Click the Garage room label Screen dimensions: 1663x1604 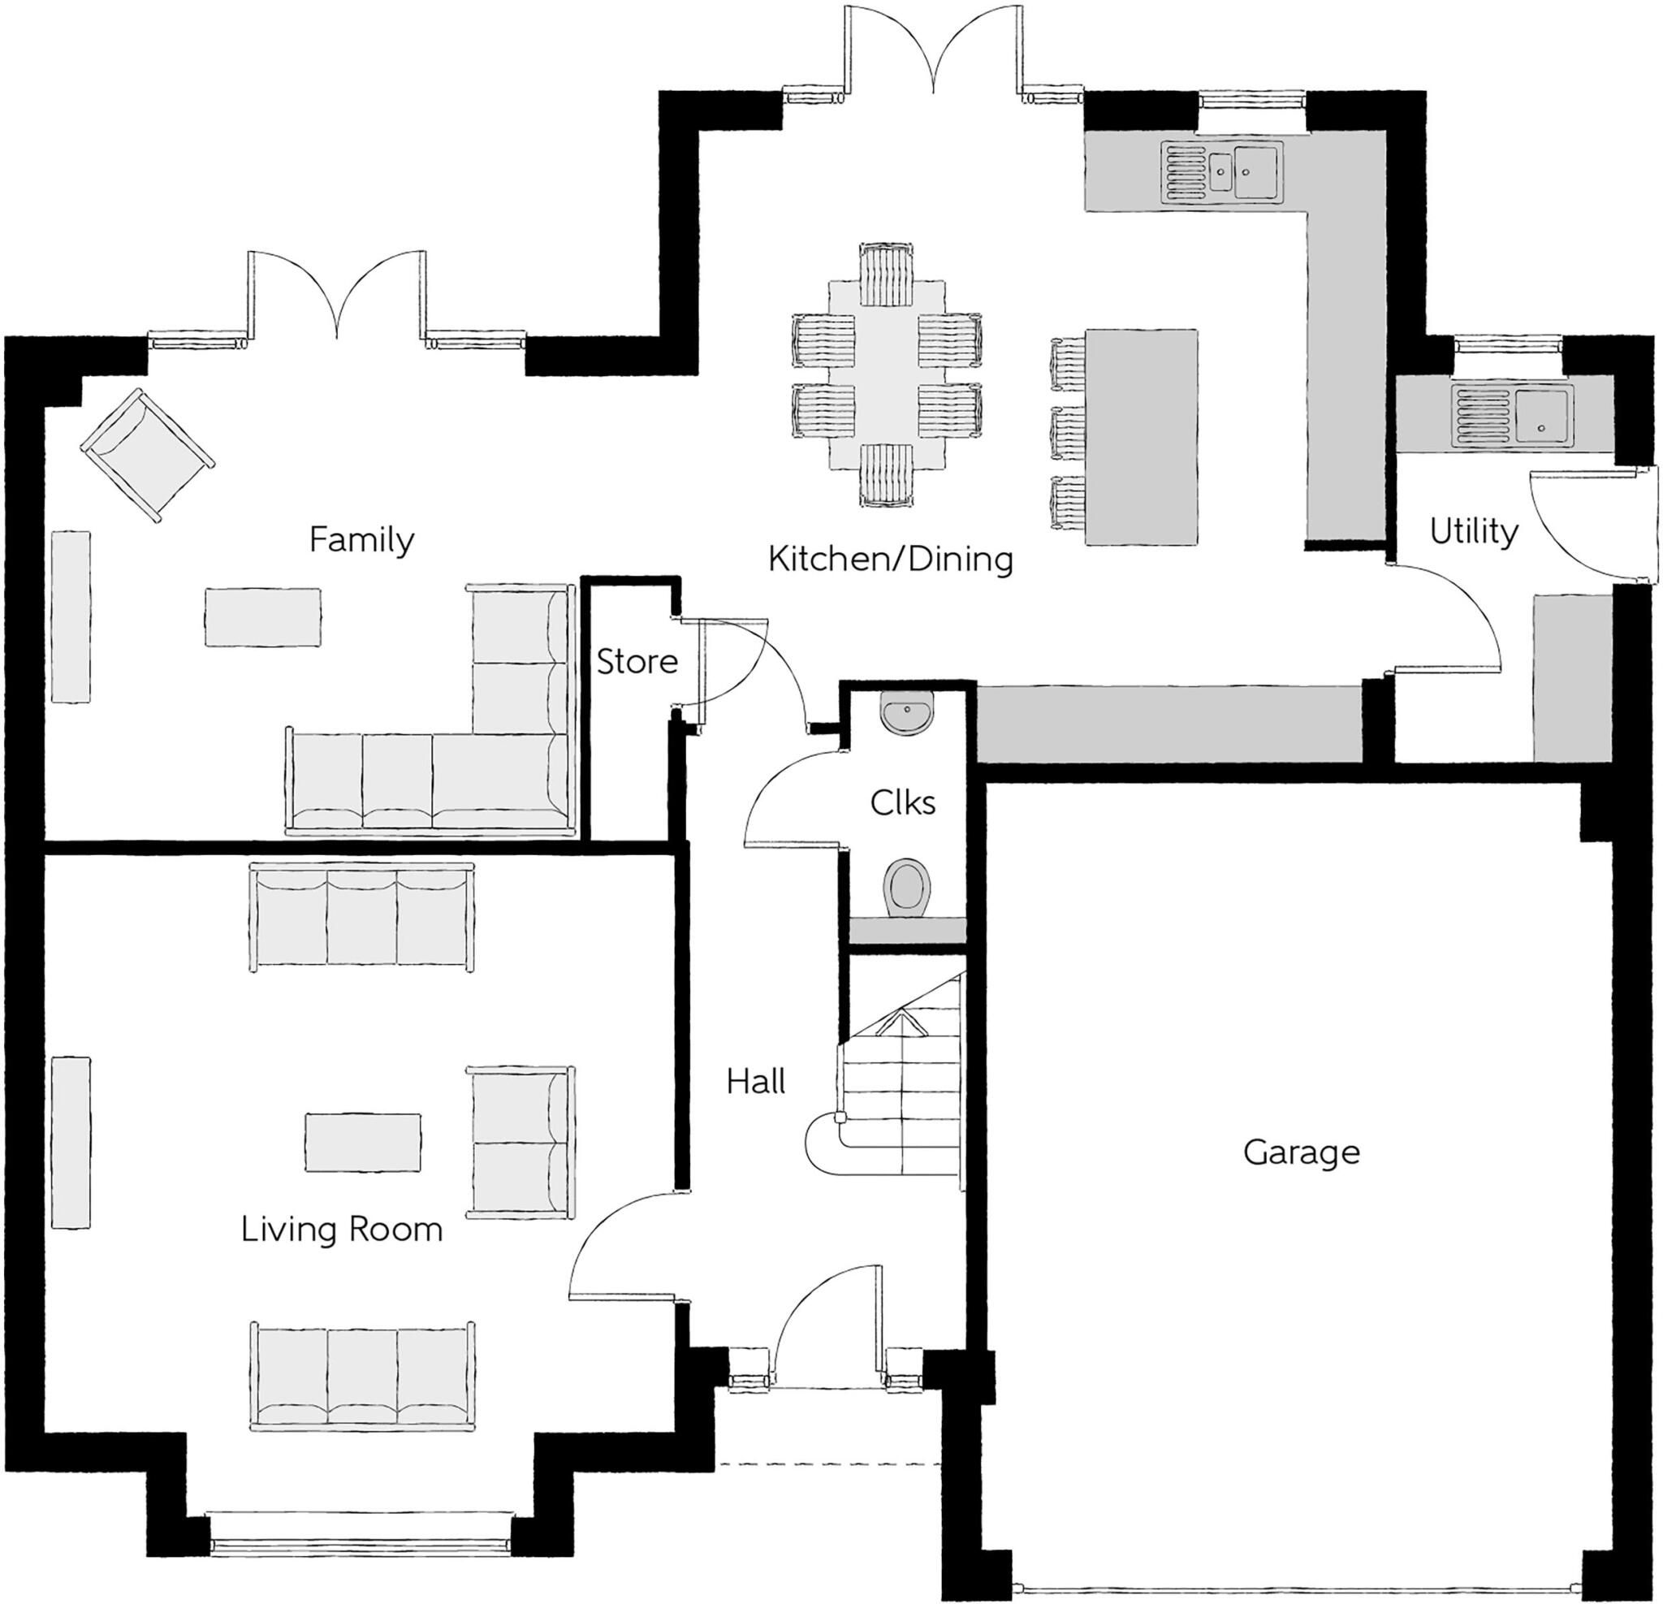[x=1302, y=1152]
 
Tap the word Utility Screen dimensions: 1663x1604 [x=1474, y=532]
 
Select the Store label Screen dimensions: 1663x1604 [x=637, y=661]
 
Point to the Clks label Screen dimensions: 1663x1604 [x=903, y=802]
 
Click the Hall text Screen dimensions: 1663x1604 [x=756, y=1081]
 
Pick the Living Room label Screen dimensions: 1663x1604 [x=342, y=1229]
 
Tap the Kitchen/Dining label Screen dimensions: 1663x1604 [x=891, y=560]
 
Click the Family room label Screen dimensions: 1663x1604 [x=361, y=540]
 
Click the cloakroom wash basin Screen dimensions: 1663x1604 [x=907, y=712]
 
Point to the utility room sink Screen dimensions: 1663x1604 [x=1513, y=416]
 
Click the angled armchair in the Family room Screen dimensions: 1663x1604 [x=147, y=456]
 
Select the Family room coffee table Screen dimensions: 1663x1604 [x=263, y=617]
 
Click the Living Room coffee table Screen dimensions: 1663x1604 [x=363, y=1141]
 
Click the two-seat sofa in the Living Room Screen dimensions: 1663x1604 [x=521, y=1143]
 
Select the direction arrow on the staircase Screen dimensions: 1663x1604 [x=901, y=1025]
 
